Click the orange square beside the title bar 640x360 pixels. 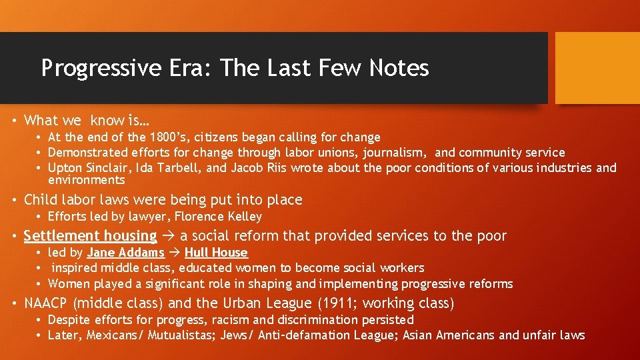(x=597, y=68)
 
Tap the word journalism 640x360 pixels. (x=396, y=153)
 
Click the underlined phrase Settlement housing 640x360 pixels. (x=90, y=236)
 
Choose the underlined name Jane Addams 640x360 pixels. (x=125, y=253)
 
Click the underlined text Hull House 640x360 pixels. (x=216, y=253)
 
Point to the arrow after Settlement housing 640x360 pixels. (x=169, y=236)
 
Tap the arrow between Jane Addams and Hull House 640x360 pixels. (x=174, y=253)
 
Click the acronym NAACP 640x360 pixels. (x=46, y=304)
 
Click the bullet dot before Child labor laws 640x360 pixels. (x=13, y=200)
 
